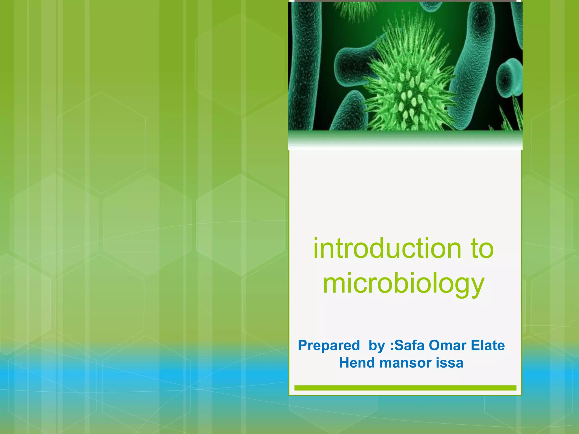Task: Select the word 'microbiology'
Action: [404, 283]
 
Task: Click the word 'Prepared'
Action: [329, 345]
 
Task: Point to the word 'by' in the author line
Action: [377, 346]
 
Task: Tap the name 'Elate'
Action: [488, 345]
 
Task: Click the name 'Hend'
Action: [357, 363]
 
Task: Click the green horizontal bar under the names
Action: [405, 388]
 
